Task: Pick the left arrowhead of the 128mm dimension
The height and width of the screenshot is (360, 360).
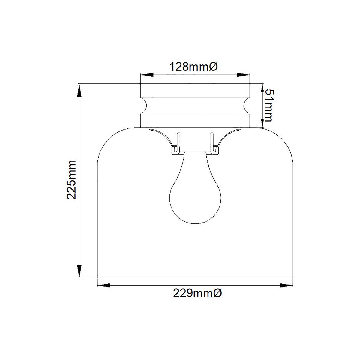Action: (x=147, y=75)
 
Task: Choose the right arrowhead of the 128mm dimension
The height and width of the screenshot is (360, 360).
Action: (x=243, y=75)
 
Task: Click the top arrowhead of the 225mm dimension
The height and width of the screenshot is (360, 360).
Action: (x=79, y=90)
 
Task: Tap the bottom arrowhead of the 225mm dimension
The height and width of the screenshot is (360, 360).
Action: (x=79, y=271)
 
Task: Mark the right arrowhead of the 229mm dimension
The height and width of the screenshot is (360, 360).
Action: (x=286, y=286)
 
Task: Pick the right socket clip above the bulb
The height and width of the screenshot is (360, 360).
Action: (x=213, y=144)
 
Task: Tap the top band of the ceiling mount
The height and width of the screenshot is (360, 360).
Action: (x=195, y=91)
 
